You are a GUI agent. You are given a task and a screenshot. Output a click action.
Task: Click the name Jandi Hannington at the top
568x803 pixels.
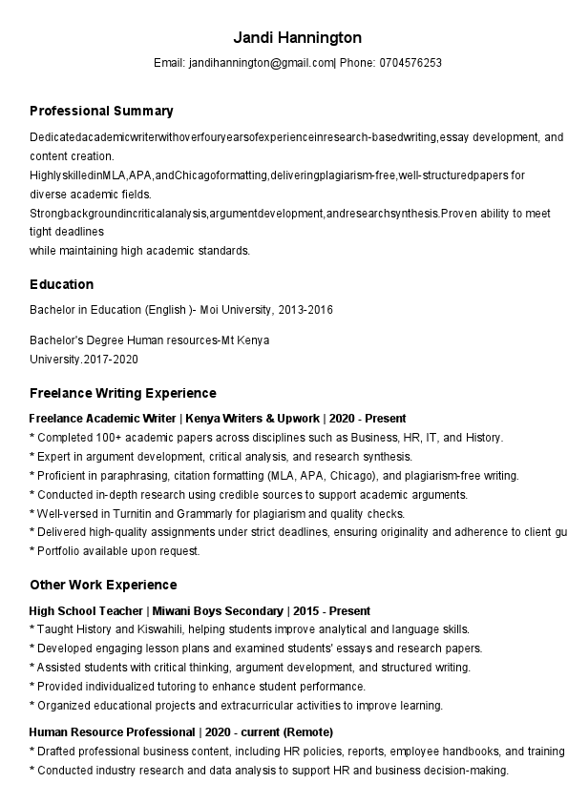(298, 38)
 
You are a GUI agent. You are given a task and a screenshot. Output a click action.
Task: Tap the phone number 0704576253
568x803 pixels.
(410, 63)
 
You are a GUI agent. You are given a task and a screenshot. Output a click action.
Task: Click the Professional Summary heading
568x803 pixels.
(101, 111)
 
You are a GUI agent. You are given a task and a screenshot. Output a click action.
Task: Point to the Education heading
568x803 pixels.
(61, 284)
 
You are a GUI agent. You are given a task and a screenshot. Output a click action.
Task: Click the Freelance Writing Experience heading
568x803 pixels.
(123, 393)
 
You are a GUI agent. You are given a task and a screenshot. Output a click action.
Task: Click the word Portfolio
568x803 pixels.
(59, 551)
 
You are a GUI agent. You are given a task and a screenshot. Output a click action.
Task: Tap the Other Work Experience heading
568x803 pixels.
(103, 585)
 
